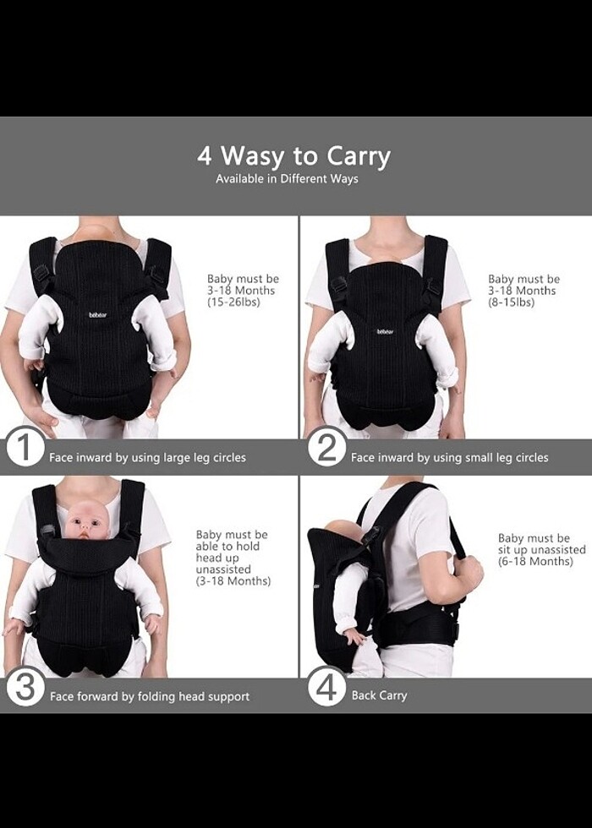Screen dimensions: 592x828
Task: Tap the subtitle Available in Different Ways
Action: [x=287, y=178]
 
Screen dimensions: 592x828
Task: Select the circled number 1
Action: [x=25, y=446]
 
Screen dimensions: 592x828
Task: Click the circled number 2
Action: [x=327, y=446]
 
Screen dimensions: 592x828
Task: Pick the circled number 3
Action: [x=25, y=685]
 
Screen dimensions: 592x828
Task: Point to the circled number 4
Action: [x=327, y=685]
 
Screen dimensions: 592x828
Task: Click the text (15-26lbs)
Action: [x=233, y=302]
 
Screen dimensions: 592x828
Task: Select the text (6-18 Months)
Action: [x=535, y=561]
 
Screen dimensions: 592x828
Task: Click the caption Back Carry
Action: [x=379, y=695]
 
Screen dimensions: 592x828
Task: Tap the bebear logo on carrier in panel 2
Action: [x=385, y=331]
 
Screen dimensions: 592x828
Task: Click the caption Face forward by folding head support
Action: [x=150, y=696]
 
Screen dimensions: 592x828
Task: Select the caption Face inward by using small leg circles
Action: [x=450, y=457]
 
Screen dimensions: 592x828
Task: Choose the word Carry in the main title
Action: [x=359, y=157]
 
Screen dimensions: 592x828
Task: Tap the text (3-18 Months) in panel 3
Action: [x=233, y=581]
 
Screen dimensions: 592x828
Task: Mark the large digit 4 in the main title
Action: [x=205, y=156]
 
